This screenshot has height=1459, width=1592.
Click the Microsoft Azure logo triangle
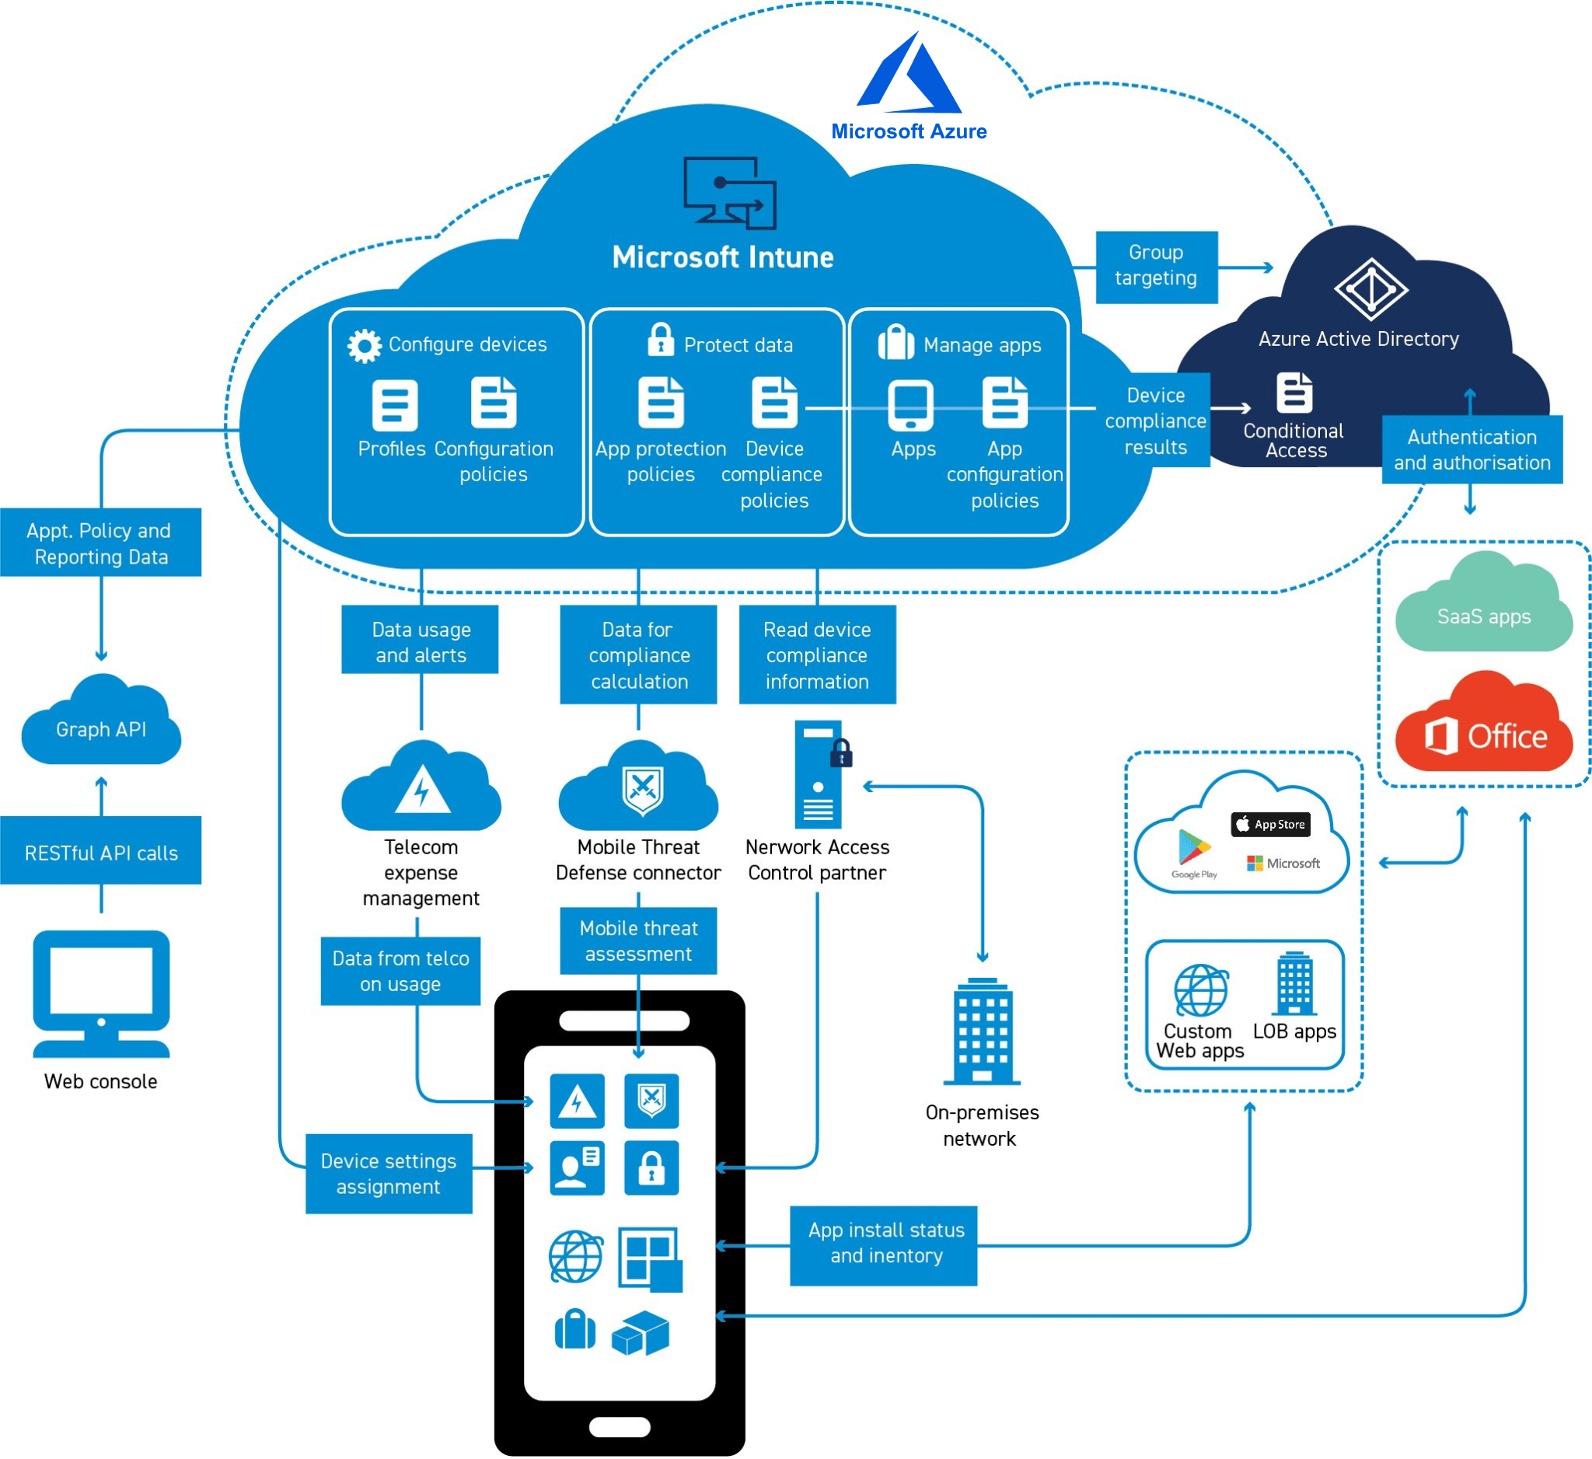tap(908, 75)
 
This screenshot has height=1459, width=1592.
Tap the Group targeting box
tap(1156, 266)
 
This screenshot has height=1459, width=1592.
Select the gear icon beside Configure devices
tap(364, 345)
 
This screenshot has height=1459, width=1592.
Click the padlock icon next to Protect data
tap(660, 340)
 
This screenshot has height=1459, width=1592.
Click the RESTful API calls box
tap(101, 853)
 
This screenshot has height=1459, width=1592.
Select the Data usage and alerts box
tap(420, 641)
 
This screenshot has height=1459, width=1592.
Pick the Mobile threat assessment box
tap(638, 941)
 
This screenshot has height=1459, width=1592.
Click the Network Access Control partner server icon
tap(819, 773)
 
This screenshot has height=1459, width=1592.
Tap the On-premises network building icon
tap(982, 1031)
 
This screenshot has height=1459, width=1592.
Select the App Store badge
tap(1270, 824)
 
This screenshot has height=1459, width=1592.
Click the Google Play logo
tap(1193, 850)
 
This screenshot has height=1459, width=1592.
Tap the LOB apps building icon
tap(1293, 984)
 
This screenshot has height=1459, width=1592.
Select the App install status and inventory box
tap(884, 1244)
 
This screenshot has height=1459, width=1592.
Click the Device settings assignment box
tap(389, 1173)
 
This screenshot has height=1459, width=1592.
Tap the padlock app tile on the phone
tap(651, 1167)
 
